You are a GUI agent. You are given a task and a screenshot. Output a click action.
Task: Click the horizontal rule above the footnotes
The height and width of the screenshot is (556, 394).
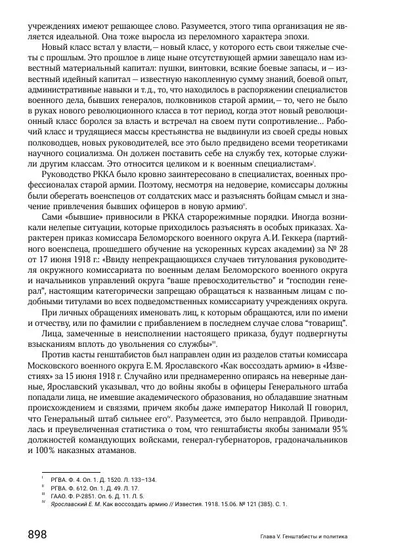click(x=70, y=471)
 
